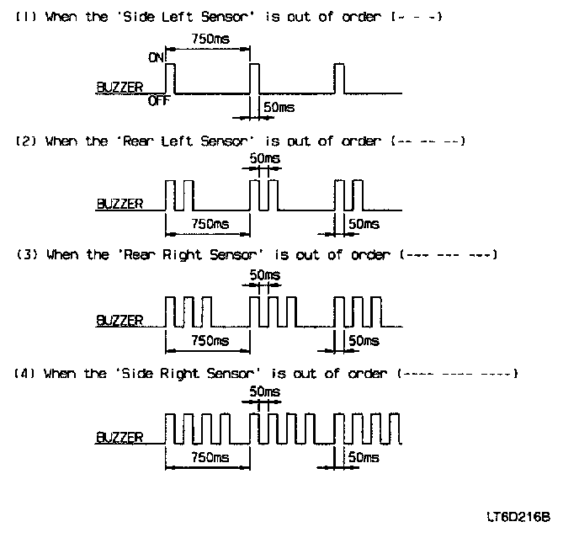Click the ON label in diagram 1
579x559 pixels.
pyautogui.click(x=157, y=58)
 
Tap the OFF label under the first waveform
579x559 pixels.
pyautogui.click(x=160, y=101)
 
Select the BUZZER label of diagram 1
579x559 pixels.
pyautogui.click(x=120, y=87)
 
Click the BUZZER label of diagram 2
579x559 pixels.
pyautogui.click(x=120, y=204)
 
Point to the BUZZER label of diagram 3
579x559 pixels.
pyautogui.click(x=120, y=320)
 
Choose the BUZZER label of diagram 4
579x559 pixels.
pyautogui.click(x=120, y=437)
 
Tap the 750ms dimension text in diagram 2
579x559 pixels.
pyautogui.click(x=209, y=225)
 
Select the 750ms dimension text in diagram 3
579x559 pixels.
pyautogui.click(x=209, y=341)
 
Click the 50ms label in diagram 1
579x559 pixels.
pyautogui.click(x=279, y=108)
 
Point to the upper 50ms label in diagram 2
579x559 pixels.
pyautogui.click(x=266, y=158)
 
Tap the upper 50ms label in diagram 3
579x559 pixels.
pyautogui.click(x=266, y=275)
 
